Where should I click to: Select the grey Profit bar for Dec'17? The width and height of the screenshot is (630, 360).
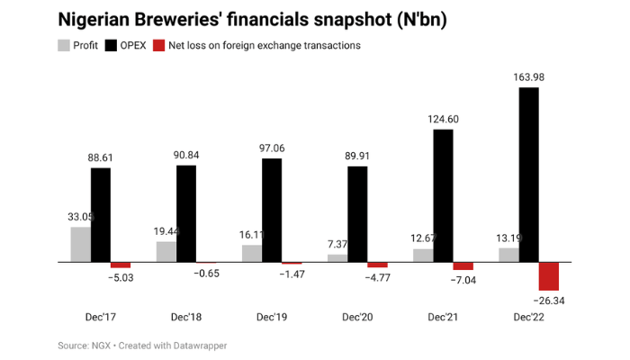pyautogui.click(x=80, y=244)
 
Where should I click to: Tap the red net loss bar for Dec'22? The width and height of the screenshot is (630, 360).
pyautogui.click(x=549, y=275)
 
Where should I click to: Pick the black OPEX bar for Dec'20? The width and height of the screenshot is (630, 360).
pyautogui.click(x=357, y=214)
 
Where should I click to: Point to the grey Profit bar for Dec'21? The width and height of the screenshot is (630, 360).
pyautogui.click(x=423, y=255)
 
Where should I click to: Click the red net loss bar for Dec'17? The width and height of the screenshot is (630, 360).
pyautogui.click(x=121, y=265)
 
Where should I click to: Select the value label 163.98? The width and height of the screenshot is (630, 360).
pyautogui.click(x=530, y=77)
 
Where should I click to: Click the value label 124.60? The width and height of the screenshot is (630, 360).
pyautogui.click(x=444, y=120)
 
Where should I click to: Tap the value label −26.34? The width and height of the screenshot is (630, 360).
pyautogui.click(x=550, y=301)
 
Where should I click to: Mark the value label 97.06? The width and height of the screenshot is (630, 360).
pyautogui.click(x=272, y=148)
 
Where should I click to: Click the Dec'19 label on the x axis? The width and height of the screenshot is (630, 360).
pyautogui.click(x=272, y=318)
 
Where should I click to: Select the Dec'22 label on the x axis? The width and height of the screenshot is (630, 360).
pyautogui.click(x=530, y=318)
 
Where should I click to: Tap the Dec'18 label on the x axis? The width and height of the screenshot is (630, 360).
pyautogui.click(x=186, y=318)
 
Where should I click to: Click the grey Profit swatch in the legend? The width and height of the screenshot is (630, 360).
pyautogui.click(x=64, y=45)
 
